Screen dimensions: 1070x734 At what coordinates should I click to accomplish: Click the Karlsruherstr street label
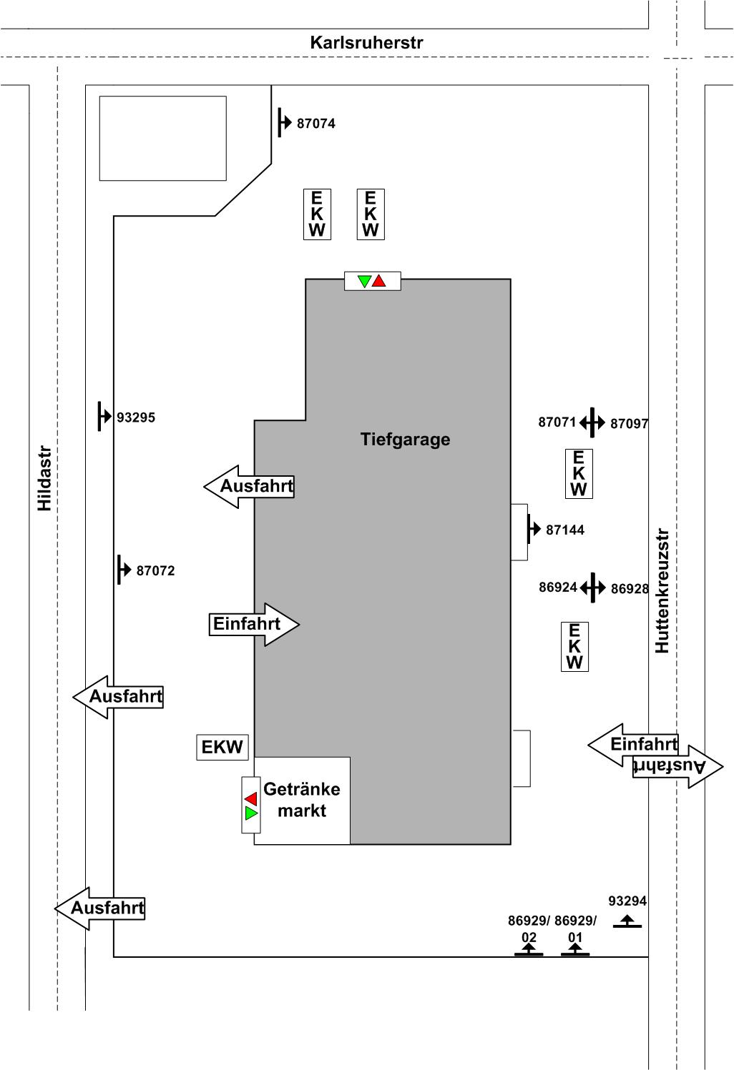pyautogui.click(x=366, y=43)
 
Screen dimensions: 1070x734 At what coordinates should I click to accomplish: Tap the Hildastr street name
pyautogui.click(x=44, y=478)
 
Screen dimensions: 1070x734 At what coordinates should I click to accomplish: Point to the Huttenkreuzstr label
pyautogui.click(x=662, y=590)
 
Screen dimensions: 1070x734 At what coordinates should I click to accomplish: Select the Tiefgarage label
pyautogui.click(x=405, y=439)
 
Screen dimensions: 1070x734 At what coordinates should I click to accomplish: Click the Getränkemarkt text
pyautogui.click(x=302, y=800)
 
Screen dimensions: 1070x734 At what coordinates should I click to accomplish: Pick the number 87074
pyautogui.click(x=315, y=124)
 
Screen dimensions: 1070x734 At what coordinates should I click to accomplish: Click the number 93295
pyautogui.click(x=136, y=417)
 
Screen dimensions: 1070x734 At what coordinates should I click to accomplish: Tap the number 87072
pyautogui.click(x=155, y=571)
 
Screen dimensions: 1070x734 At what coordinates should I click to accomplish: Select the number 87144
pyautogui.click(x=564, y=530)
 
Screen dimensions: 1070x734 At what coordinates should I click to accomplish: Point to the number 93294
pyautogui.click(x=627, y=901)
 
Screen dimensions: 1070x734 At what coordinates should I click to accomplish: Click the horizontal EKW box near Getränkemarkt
pyautogui.click(x=222, y=748)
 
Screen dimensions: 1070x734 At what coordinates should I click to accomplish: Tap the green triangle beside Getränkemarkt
pyautogui.click(x=250, y=813)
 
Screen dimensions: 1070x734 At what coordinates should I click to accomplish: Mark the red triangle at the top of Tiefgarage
pyautogui.click(x=379, y=281)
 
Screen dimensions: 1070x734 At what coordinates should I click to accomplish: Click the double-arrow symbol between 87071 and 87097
pyautogui.click(x=592, y=422)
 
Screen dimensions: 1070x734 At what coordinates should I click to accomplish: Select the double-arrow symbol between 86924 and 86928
pyautogui.click(x=592, y=588)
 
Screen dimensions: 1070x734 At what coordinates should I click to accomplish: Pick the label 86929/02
pyautogui.click(x=529, y=928)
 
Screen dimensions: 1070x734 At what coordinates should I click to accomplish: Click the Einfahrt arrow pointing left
pyautogui.click(x=634, y=745)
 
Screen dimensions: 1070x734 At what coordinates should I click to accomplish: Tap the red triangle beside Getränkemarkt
pyautogui.click(x=250, y=798)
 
